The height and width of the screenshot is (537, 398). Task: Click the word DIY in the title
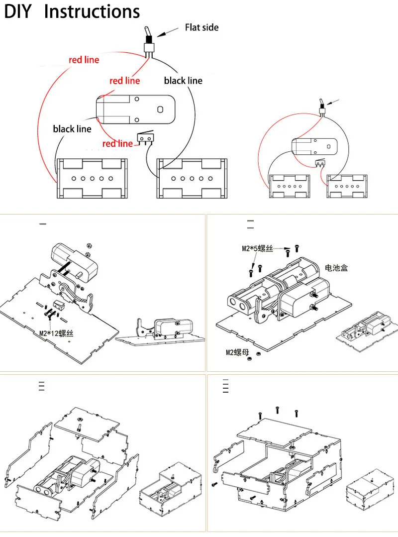click(x=17, y=11)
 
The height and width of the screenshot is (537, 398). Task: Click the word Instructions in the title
click(x=92, y=11)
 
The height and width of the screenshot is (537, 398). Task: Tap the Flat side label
click(x=201, y=27)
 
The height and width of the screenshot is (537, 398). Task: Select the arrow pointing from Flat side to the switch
click(x=168, y=32)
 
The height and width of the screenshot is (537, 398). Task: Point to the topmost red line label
click(x=84, y=60)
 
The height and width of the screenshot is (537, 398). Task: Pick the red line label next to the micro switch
click(x=117, y=143)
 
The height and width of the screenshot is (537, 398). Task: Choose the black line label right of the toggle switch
click(x=183, y=81)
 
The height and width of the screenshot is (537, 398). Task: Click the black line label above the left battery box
click(x=72, y=129)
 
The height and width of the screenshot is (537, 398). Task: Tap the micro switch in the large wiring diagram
click(x=145, y=138)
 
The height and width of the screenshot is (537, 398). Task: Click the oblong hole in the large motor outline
click(x=160, y=109)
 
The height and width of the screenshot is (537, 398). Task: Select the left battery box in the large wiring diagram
click(x=92, y=179)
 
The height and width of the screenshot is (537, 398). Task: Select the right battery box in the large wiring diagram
click(x=192, y=179)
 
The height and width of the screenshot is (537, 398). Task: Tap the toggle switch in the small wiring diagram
click(x=322, y=107)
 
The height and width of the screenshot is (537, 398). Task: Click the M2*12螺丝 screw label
click(x=56, y=333)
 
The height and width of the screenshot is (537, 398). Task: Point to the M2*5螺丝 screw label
click(x=257, y=248)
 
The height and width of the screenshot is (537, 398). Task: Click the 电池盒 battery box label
click(x=336, y=268)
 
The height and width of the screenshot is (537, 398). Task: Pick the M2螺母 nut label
click(x=237, y=352)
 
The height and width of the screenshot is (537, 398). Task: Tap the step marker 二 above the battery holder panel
click(x=251, y=224)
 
